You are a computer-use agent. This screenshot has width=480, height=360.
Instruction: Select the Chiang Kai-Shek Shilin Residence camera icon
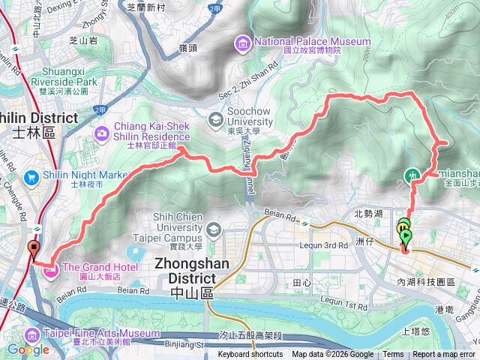101,133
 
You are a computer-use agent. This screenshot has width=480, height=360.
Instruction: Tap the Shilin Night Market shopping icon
31,177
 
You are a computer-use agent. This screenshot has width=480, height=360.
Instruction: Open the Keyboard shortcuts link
250,355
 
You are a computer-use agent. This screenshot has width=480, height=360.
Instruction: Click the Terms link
393,355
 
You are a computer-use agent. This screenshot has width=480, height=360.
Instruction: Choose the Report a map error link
443,355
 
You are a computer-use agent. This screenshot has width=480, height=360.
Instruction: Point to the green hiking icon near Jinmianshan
412,175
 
